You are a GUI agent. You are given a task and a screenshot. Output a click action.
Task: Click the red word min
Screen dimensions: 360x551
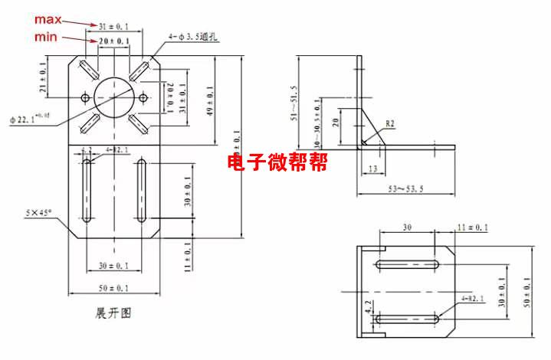coord(44,37)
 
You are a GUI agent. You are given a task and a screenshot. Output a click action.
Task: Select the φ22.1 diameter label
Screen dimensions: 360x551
coord(29,119)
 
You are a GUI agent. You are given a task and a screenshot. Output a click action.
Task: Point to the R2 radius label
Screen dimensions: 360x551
coord(389,123)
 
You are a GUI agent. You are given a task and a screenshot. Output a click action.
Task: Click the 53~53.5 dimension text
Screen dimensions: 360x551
coord(405,188)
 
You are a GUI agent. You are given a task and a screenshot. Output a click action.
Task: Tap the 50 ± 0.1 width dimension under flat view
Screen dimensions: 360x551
coord(113,287)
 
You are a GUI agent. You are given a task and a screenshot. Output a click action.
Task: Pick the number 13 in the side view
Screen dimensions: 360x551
coord(372,168)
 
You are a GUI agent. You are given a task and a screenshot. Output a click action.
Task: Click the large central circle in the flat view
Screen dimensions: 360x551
coord(114,97)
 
